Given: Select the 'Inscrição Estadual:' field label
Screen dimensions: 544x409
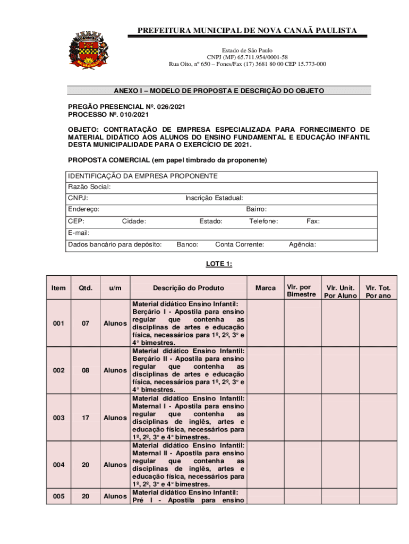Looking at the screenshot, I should pos(214,198).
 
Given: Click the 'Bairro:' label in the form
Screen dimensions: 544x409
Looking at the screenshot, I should pos(257,210).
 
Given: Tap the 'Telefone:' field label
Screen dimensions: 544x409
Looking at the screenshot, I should pos(263,222).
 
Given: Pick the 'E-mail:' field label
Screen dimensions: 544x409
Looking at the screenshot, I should pos(79,233).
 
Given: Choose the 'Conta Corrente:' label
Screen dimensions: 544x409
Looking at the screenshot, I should pos(240,244).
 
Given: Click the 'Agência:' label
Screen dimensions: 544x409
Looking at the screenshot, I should pos(302,244).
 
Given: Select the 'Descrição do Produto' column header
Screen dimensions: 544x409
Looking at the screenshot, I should pos(189,288).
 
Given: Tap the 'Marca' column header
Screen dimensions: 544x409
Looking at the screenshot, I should pos(266,288).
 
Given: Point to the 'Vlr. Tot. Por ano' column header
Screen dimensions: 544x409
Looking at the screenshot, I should pos(378,292).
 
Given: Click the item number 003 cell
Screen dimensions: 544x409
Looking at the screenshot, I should pos(59,418).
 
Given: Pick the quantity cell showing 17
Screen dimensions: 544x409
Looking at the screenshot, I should pos(85,418).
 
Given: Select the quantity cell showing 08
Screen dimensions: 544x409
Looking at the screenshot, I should pos(85,370).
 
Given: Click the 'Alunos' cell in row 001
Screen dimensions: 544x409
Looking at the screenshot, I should pos(115,323).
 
